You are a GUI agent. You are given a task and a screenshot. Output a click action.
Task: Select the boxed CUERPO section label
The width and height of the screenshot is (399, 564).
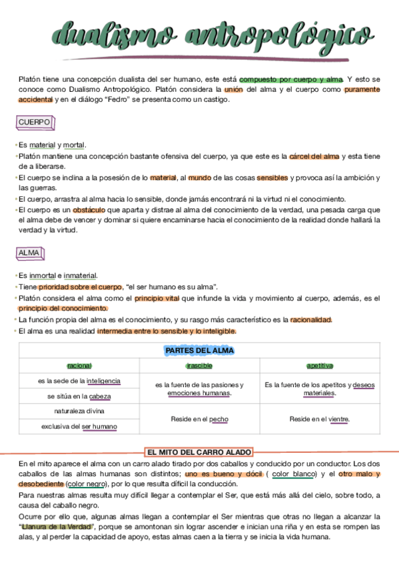pyautogui.click(x=34, y=123)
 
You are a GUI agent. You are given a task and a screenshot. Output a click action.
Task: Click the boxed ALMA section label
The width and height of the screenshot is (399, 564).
pyautogui.click(x=29, y=253)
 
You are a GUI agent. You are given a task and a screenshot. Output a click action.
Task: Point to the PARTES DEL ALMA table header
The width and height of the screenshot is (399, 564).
pyautogui.click(x=199, y=351)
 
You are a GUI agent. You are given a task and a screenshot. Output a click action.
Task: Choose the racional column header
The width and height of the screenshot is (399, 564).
pyautogui.click(x=79, y=366)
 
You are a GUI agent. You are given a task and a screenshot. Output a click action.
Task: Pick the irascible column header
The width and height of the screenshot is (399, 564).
pyautogui.click(x=199, y=366)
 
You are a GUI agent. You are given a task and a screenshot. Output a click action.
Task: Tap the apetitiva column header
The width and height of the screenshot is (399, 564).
pyautogui.click(x=320, y=366)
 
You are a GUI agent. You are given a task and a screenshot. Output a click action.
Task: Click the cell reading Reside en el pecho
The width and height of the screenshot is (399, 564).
pyautogui.click(x=199, y=420)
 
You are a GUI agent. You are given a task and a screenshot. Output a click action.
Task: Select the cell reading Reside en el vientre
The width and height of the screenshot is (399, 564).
pyautogui.click(x=320, y=420)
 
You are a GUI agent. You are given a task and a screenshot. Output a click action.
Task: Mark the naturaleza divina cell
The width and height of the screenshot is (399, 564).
pyautogui.click(x=79, y=411)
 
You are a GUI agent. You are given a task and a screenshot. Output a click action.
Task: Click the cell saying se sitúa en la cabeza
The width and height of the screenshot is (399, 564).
pyautogui.click(x=79, y=396)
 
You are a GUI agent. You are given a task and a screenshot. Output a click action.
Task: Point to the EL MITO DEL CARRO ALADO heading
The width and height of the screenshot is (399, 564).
pyautogui.click(x=199, y=452)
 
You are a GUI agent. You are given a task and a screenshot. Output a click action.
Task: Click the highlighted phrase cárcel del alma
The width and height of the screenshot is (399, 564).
pyautogui.click(x=314, y=157)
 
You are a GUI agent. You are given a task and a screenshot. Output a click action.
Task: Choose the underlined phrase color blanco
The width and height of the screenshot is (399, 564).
pyautogui.click(x=294, y=474)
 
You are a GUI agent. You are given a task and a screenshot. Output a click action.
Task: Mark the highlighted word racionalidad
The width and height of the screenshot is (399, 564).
pyautogui.click(x=310, y=320)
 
